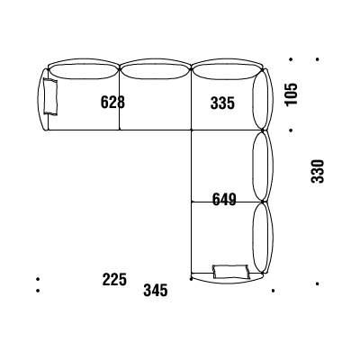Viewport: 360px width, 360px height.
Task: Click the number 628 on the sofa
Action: point(112,102)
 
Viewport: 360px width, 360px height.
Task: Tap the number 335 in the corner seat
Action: point(222,103)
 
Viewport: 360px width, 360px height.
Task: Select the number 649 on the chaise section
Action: point(224,200)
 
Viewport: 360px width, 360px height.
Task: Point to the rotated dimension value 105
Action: point(292,94)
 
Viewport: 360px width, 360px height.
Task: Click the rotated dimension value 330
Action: point(318,171)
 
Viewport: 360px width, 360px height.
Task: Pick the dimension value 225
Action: point(114,279)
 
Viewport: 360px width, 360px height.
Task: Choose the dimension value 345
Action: point(156,291)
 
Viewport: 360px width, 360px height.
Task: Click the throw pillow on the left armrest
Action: point(50,96)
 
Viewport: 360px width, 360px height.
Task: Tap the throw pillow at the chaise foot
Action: point(231,272)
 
